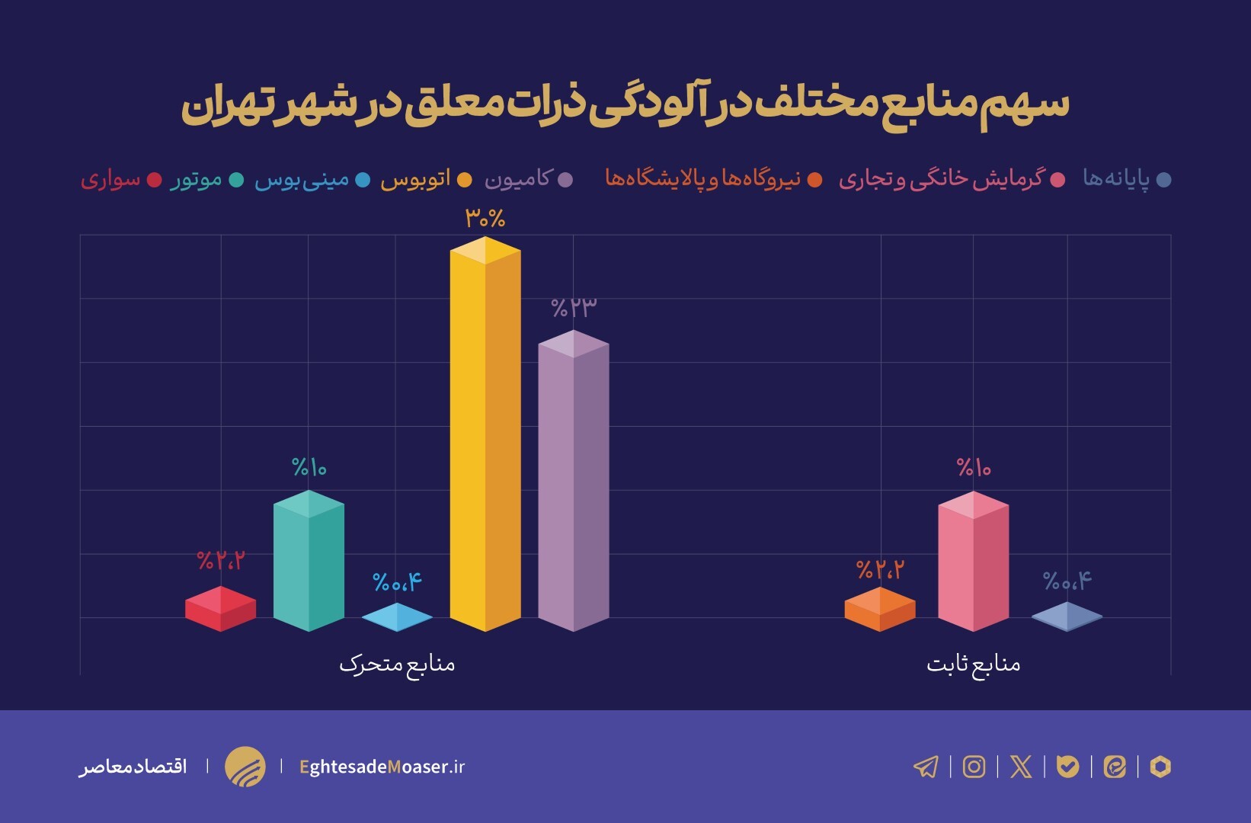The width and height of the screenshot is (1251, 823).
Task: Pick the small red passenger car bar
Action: click(220, 609)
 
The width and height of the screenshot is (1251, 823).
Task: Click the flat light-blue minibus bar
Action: click(397, 617)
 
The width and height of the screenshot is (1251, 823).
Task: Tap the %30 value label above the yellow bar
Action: click(485, 219)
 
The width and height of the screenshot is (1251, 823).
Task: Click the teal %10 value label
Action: click(309, 467)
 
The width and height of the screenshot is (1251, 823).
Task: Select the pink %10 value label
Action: click(974, 467)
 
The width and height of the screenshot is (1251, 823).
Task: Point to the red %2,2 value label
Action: click(221, 561)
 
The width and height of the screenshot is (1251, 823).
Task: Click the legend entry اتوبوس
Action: click(416, 180)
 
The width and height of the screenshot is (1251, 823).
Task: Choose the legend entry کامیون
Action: click(518, 180)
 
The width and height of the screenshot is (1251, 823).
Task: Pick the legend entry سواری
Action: click(111, 180)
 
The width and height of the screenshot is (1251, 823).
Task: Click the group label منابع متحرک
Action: click(397, 664)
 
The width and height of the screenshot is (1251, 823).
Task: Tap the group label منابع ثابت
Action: click(973, 664)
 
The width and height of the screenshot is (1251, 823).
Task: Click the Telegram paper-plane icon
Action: click(926, 766)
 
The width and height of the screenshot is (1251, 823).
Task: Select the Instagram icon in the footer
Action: click(974, 766)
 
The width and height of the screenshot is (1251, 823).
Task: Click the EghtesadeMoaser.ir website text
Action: click(382, 767)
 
